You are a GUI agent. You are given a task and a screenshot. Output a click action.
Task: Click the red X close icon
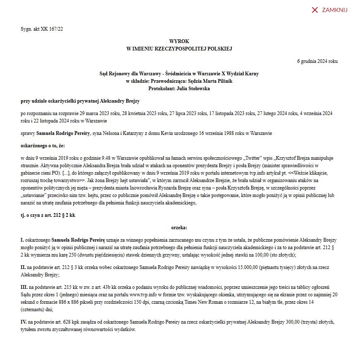coord(314,10)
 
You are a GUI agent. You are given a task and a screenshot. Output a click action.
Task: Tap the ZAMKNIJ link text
coord(334,10)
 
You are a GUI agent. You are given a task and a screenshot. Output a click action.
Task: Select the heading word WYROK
coord(179,42)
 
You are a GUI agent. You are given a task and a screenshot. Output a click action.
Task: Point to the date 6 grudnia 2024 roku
coord(317,61)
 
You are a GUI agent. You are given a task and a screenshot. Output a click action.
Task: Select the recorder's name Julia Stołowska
coord(193,89)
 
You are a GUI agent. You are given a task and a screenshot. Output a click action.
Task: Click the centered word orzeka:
coord(179,228)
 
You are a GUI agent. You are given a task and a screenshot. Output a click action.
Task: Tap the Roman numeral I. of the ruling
coord(22,240)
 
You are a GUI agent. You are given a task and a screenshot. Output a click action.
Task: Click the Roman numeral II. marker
coord(23,268)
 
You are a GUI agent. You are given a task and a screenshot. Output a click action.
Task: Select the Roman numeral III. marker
coord(24,287)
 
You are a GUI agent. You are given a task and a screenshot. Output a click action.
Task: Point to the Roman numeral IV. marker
coord(24,322)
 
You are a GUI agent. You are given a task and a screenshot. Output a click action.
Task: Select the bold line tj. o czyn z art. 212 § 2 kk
coord(48,215)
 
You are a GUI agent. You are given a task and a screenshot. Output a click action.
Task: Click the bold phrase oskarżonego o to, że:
coord(43,146)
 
